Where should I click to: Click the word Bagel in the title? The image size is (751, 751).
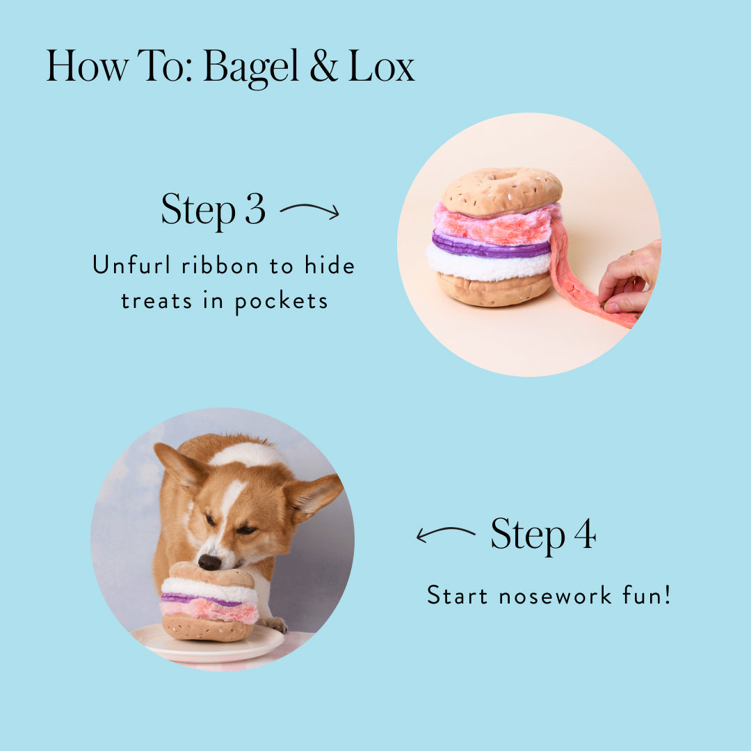[250, 67]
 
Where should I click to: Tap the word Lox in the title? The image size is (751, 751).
[381, 66]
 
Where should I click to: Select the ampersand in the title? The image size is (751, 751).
[323, 66]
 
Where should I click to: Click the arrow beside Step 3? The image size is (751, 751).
[309, 210]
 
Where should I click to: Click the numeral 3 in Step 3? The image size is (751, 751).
[255, 209]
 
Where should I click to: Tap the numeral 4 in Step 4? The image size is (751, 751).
[585, 533]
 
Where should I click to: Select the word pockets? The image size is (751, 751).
[281, 302]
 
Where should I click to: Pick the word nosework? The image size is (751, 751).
[555, 596]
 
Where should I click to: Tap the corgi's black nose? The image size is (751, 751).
[209, 562]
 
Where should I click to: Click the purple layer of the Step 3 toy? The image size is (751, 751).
[491, 244]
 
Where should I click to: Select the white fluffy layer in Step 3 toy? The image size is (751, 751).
[489, 264]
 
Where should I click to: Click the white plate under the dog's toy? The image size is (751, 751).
[209, 644]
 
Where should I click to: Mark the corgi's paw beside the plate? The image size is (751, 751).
[273, 624]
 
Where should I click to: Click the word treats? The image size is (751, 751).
[156, 301]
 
